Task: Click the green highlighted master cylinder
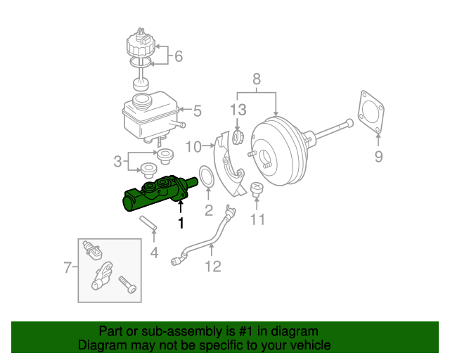[155, 195]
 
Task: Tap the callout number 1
[181, 224]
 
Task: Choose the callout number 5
[198, 110]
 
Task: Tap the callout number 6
[177, 56]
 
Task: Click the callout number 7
[68, 267]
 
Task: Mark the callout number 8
[257, 79]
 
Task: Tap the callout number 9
[378, 156]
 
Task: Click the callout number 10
[194, 146]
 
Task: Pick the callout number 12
[212, 266]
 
